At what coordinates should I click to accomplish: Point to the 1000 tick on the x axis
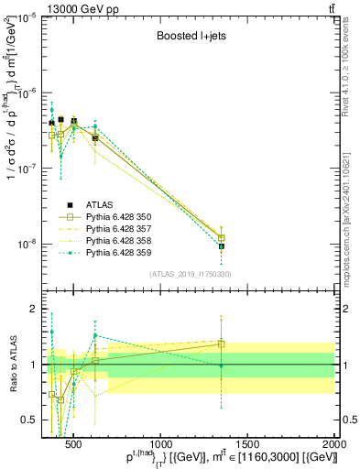(x=161, y=444)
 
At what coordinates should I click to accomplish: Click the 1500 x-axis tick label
(x=248, y=444)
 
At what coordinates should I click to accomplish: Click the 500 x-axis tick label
(x=75, y=444)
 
